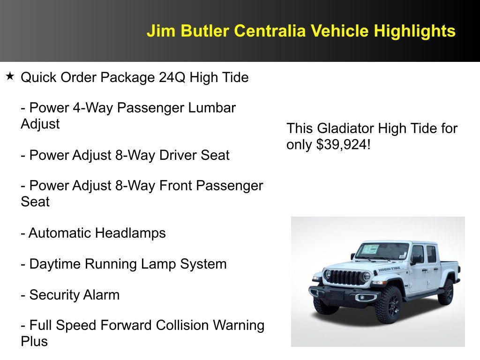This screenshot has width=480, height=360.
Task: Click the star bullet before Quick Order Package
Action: pyautogui.click(x=10, y=76)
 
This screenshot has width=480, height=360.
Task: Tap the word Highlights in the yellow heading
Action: pyautogui.click(x=414, y=31)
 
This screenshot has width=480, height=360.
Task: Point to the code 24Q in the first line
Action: pyautogui.click(x=172, y=77)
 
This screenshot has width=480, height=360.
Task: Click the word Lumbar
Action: pyautogui.click(x=212, y=108)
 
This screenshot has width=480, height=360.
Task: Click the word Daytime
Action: pyautogui.click(x=55, y=264)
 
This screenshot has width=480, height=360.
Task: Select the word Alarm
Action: pyautogui.click(x=101, y=295)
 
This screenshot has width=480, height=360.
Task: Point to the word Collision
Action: pyautogui.click(x=182, y=325)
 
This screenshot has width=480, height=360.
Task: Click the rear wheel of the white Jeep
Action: pyautogui.click(x=447, y=292)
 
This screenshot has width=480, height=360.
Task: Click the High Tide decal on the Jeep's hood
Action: pyautogui.click(x=389, y=269)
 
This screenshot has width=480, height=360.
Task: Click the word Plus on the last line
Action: pyautogui.click(x=34, y=341)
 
